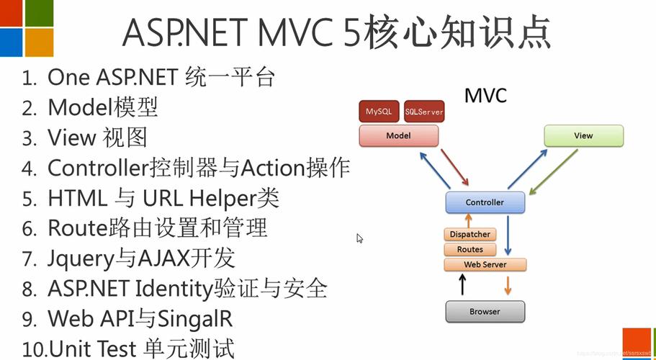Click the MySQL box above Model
click(x=379, y=112)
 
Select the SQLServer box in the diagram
click(x=424, y=112)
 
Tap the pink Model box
click(x=398, y=135)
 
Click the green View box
click(x=583, y=135)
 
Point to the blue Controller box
click(x=485, y=202)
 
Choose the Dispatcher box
click(x=469, y=234)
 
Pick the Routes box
click(x=470, y=249)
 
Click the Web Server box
click(x=485, y=264)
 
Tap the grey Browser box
click(x=485, y=312)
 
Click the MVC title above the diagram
click(x=485, y=95)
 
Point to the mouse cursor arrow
click(x=359, y=238)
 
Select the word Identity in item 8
click(x=173, y=289)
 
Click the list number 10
click(x=33, y=350)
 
